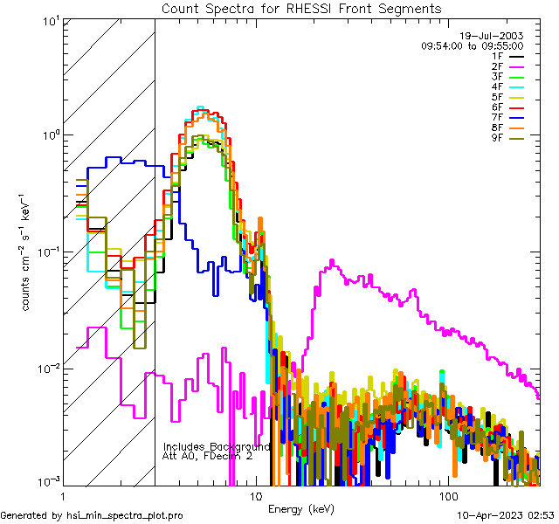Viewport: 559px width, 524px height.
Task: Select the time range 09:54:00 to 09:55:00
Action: [472, 45]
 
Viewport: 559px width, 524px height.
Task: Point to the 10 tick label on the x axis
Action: [256, 496]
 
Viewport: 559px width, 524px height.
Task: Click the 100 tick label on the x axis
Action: [447, 496]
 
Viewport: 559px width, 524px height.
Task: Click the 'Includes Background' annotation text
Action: [217, 446]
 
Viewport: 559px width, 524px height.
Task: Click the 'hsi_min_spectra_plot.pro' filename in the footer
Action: [125, 516]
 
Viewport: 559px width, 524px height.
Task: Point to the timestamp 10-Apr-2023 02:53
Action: [505, 516]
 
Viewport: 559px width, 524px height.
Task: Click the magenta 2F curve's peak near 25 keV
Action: [331, 261]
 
